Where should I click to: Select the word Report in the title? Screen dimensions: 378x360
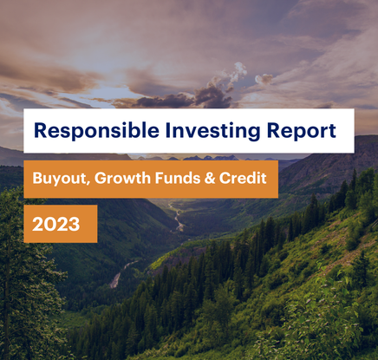tap(302, 131)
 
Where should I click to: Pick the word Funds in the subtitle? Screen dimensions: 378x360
tap(178, 178)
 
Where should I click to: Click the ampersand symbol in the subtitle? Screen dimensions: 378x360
tap(210, 178)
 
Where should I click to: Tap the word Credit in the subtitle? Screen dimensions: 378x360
tap(243, 178)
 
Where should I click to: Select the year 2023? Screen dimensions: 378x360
tap(56, 224)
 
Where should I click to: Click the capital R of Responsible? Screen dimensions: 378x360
tap(41, 130)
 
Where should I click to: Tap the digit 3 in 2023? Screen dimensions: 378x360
tap(75, 224)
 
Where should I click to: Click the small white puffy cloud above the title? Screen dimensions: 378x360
tap(264, 79)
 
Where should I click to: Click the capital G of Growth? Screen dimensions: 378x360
tap(101, 178)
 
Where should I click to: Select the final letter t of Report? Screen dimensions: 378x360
tap(332, 131)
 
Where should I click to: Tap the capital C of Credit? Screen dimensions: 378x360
tap(225, 178)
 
